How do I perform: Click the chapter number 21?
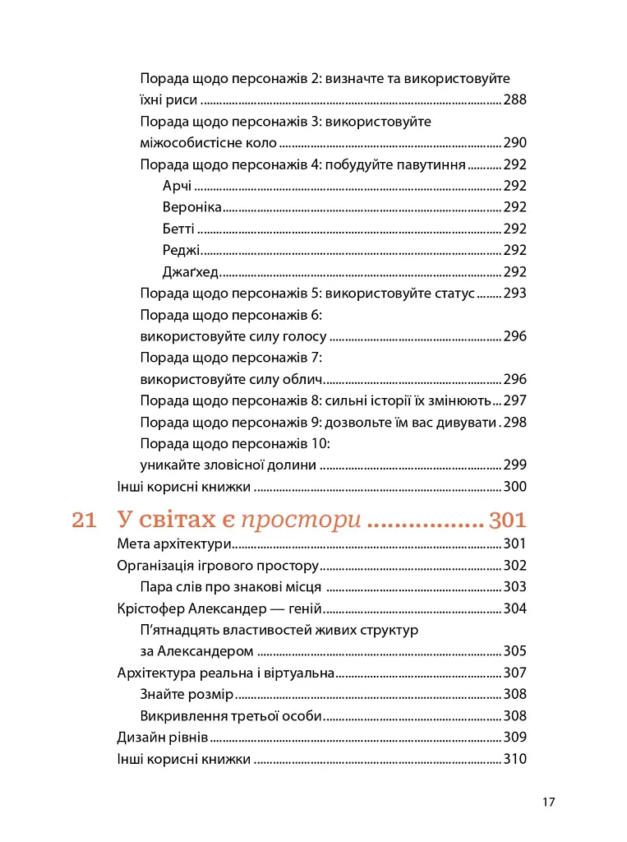[x=85, y=520]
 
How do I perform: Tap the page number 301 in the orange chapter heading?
[x=507, y=520]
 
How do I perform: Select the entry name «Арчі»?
[x=177, y=186]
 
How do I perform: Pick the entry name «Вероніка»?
[x=192, y=207]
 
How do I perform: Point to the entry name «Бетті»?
[x=178, y=229]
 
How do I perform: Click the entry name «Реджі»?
[x=181, y=250]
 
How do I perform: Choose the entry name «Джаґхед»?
[x=190, y=271]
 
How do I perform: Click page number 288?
[x=514, y=100]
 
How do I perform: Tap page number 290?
[x=514, y=143]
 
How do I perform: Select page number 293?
[x=514, y=293]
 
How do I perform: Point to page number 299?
[x=514, y=465]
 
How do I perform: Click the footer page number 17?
[x=550, y=803]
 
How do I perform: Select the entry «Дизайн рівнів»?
[x=163, y=737]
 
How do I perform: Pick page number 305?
[x=514, y=651]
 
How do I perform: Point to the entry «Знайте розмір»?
[x=187, y=694]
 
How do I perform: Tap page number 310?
[x=514, y=758]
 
